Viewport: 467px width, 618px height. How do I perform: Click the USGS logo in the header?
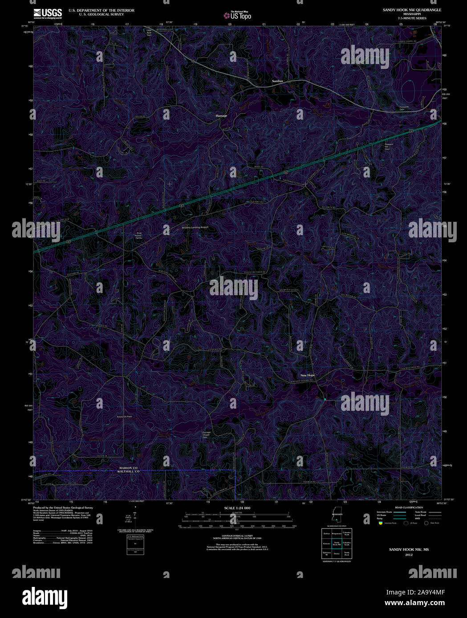click(48, 13)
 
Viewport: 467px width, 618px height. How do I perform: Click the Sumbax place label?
click(277, 81)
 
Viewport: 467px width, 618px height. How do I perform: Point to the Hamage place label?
click(221, 116)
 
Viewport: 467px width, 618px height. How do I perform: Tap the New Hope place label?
click(307, 375)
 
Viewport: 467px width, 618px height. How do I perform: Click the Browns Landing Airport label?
click(195, 228)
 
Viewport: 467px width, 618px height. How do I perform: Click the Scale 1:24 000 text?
click(237, 508)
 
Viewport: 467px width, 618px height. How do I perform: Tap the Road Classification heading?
click(409, 507)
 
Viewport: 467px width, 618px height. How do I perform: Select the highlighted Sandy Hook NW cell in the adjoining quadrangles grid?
click(337, 543)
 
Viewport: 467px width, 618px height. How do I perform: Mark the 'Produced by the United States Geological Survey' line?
click(63, 507)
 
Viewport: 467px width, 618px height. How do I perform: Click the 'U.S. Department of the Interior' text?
click(101, 10)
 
